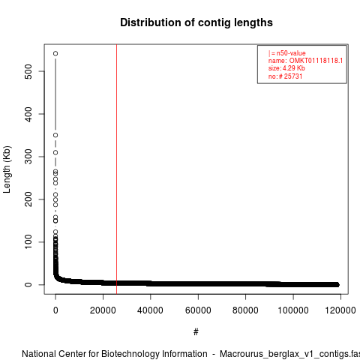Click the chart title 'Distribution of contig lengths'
[196, 22]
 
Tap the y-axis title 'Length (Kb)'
[7, 169]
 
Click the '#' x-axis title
[196, 332]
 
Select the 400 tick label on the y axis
[28, 114]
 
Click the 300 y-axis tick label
[28, 157]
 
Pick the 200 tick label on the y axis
[28, 199]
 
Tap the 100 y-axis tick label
[28, 242]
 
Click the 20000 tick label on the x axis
[103, 310]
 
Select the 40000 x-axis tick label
[151, 310]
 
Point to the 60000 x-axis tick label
[198, 310]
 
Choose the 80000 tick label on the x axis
[245, 310]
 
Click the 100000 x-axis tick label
[293, 310]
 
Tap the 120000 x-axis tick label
[340, 310]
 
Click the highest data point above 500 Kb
[55, 53]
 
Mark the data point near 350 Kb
[55, 135]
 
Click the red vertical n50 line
[116, 169]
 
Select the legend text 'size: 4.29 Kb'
[286, 68]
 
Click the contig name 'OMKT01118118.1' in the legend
[316, 61]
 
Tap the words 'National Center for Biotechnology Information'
[115, 354]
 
